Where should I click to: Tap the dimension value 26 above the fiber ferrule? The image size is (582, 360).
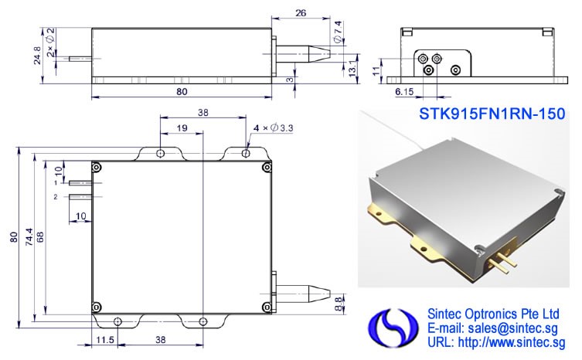(302, 12)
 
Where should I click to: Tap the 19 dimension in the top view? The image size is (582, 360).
(180, 127)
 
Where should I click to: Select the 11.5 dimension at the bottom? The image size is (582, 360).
(105, 339)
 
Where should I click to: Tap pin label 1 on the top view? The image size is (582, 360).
(57, 182)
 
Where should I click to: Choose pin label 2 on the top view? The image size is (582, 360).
(57, 197)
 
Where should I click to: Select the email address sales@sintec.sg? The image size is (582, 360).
(495, 328)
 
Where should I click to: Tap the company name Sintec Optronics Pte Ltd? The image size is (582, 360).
(493, 314)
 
